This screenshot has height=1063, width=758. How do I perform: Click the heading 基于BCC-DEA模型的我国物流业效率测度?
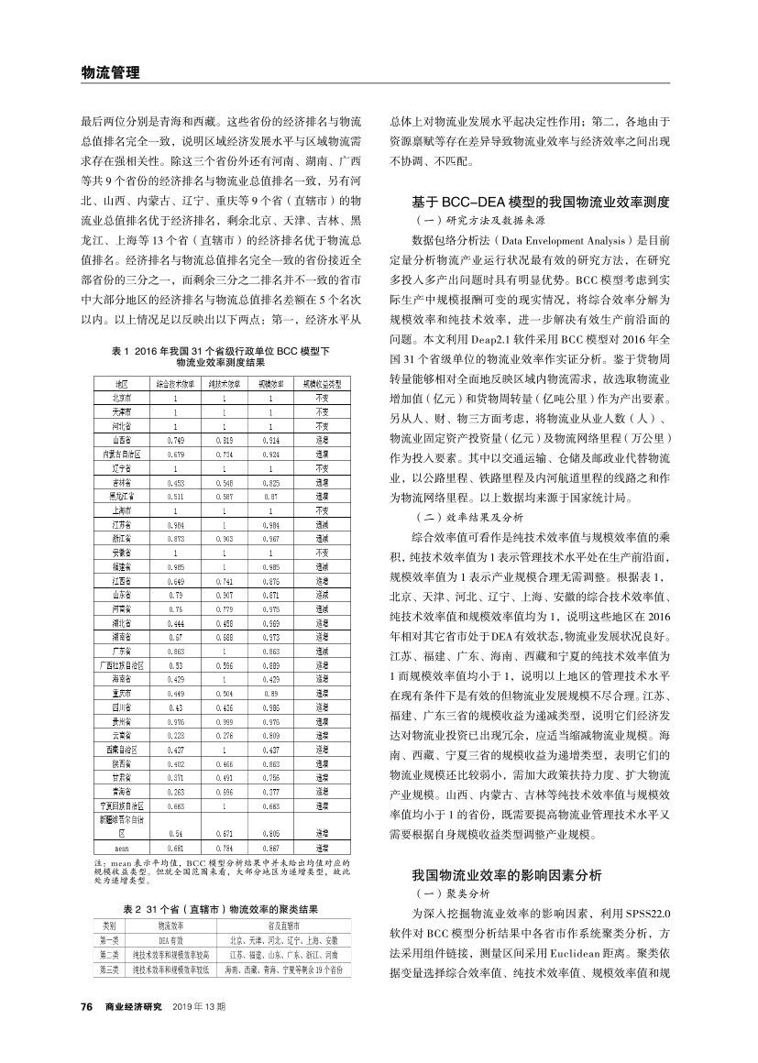click(541, 201)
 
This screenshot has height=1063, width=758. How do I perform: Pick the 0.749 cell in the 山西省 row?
click(175, 441)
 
